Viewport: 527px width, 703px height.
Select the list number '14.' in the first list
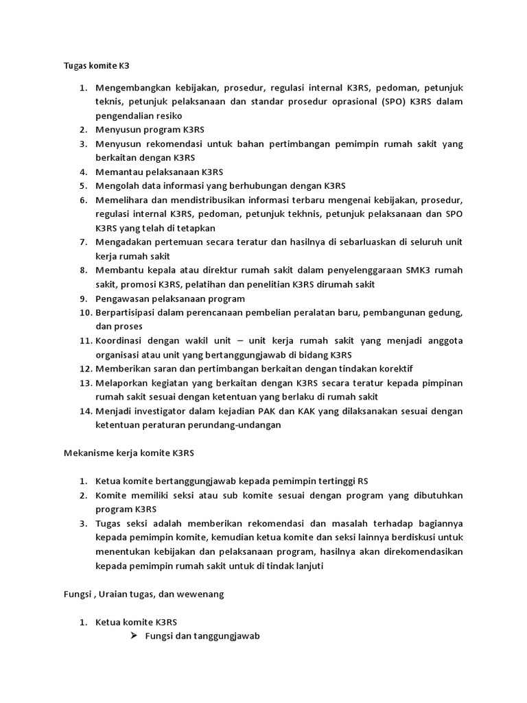pos(84,411)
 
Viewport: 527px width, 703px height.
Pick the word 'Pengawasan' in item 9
pos(121,299)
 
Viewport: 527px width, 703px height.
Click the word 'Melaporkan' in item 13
pos(121,383)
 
